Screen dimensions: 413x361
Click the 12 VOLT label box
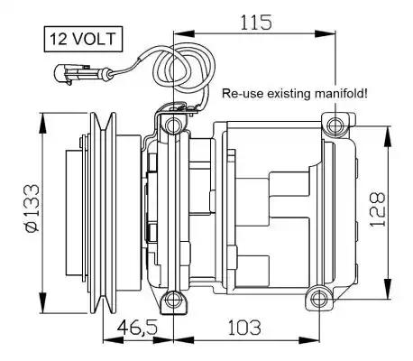click(83, 39)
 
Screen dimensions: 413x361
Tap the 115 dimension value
click(256, 23)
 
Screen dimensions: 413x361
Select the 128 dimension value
click(377, 209)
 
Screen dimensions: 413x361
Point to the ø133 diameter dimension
click(32, 208)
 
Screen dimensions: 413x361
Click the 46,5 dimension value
click(137, 328)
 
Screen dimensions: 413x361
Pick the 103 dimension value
click(244, 328)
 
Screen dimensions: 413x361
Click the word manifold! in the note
click(341, 93)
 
